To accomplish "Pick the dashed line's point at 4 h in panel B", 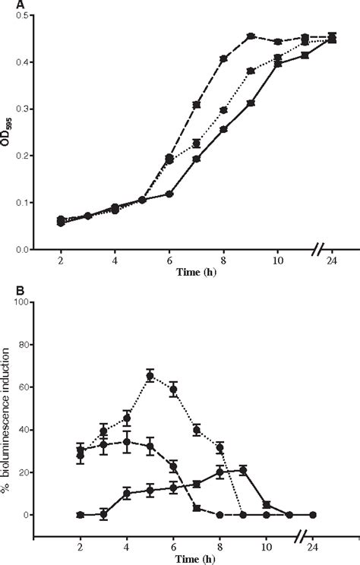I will pos(127,441).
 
